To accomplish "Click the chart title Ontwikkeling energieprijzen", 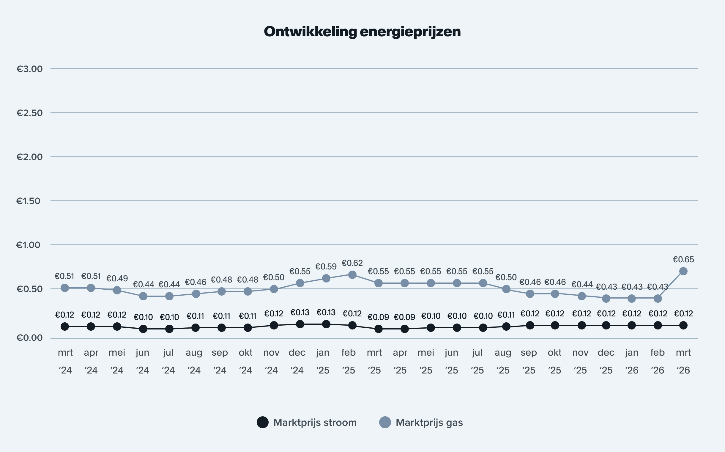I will (x=362, y=32).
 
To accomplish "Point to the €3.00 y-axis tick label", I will (x=30, y=69).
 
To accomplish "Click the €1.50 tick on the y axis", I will (x=29, y=201).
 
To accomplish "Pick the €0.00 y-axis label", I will (x=30, y=338).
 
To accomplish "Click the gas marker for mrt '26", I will (x=683, y=271).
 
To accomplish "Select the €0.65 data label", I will (x=683, y=260).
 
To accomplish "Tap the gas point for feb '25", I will (x=352, y=275).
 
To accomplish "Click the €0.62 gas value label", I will (x=352, y=263).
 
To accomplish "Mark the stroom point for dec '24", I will (x=300, y=324).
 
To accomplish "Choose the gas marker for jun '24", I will (x=143, y=296).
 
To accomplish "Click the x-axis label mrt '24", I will (x=65, y=361).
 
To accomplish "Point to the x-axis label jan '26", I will (x=631, y=361).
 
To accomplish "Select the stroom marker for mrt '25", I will (x=379, y=329).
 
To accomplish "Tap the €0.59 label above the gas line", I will (x=326, y=266).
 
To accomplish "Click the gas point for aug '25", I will (x=506, y=289).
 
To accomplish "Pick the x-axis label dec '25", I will (x=606, y=361).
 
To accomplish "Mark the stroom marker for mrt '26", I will (x=683, y=325).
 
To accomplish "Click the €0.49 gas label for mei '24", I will (x=117, y=279).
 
